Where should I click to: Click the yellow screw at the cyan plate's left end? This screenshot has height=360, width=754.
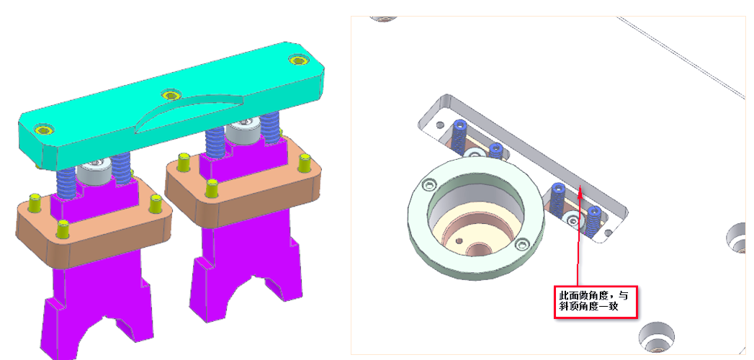pyautogui.click(x=44, y=130)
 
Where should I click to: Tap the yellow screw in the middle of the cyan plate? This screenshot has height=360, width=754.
pyautogui.click(x=171, y=95)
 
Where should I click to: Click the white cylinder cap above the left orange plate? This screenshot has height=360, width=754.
pyautogui.click(x=94, y=172)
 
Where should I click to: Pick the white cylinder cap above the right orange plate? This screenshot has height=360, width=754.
pyautogui.click(x=243, y=131)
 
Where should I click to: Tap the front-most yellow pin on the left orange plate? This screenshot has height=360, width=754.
pyautogui.click(x=63, y=229)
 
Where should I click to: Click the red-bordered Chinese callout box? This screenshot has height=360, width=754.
pyautogui.click(x=596, y=302)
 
